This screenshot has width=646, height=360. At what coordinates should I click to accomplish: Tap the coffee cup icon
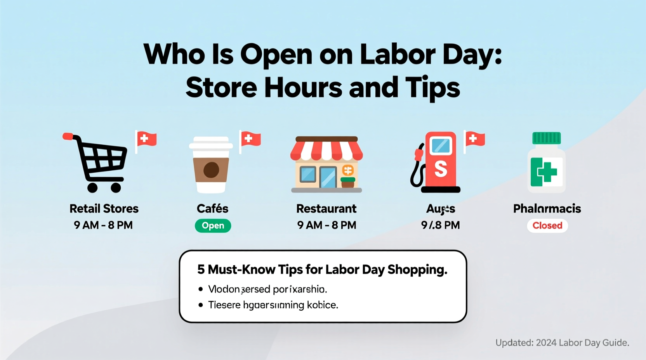[211, 165]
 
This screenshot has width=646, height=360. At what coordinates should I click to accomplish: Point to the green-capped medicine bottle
[546, 163]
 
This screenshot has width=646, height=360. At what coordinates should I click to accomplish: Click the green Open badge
[213, 226]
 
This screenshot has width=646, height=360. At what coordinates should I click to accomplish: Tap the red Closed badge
[547, 226]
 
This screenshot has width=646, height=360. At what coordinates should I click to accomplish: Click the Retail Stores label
[104, 209]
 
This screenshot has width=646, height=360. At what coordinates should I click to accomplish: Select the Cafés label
[212, 209]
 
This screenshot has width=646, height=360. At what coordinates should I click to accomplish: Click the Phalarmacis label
[547, 209]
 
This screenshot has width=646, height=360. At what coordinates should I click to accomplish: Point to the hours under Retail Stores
[103, 225]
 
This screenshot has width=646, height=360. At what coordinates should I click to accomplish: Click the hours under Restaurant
[326, 225]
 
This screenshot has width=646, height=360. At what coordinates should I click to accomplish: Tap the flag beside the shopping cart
[146, 140]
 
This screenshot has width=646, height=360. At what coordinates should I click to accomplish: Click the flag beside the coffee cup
[250, 139]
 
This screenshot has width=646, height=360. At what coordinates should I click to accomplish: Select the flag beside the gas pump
[475, 139]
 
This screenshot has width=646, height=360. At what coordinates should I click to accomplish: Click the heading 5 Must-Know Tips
[322, 270]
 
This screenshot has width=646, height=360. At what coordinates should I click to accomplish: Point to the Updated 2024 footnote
[562, 343]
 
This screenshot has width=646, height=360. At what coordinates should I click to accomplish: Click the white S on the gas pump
[441, 169]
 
